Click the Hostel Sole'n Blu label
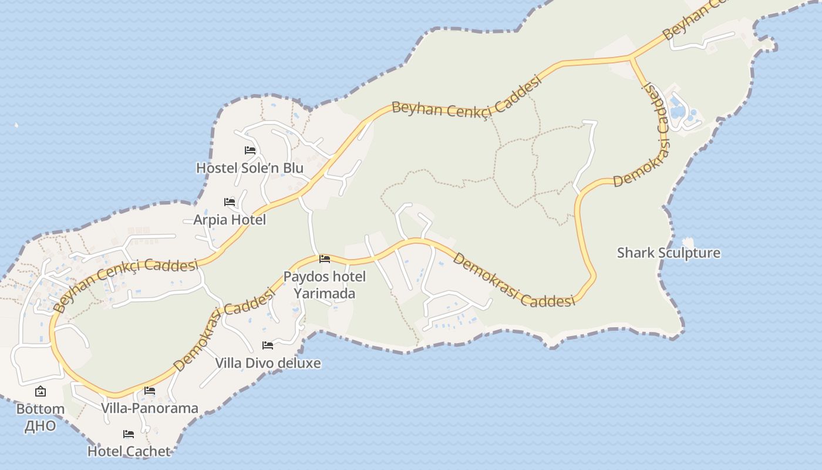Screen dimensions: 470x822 click(250, 168)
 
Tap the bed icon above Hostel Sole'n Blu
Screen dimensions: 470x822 click(250, 150)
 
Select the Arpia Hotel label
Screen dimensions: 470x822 click(230, 220)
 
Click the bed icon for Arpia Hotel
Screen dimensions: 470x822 click(230, 202)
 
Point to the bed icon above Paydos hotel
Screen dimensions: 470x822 click(324, 259)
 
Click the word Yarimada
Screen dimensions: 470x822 click(324, 293)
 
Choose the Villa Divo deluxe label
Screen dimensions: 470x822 click(268, 363)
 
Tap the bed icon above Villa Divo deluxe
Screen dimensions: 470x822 click(268, 345)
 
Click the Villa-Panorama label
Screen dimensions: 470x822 click(149, 408)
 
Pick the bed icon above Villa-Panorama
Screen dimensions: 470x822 click(150, 391)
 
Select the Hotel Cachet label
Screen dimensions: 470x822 click(129, 451)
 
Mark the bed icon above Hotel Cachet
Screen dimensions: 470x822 click(129, 435)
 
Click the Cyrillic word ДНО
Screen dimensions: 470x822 click(40, 426)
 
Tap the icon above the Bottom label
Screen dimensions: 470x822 click(41, 391)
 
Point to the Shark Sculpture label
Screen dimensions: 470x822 click(668, 253)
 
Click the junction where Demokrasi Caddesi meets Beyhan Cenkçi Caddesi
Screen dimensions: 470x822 click(631, 58)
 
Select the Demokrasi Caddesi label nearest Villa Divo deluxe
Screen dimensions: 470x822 click(224, 331)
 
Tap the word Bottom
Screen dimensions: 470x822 click(40, 409)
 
